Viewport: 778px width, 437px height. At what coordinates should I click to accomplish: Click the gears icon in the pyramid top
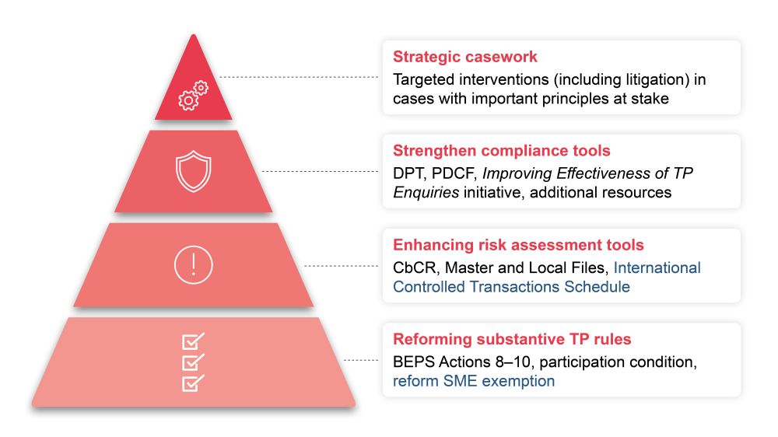pos(193,96)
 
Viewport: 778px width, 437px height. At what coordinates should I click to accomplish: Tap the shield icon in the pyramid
pos(194,172)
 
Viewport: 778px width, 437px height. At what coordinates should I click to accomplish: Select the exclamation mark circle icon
pos(193,265)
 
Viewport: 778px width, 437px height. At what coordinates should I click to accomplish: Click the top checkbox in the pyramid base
pos(193,341)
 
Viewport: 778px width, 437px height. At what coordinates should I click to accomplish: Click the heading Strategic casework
pos(465,57)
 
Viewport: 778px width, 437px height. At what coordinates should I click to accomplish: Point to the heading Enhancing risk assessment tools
pos(518,245)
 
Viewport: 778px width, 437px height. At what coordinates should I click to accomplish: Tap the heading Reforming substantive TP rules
pos(512,339)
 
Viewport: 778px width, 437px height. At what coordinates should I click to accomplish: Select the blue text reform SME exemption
pos(474,381)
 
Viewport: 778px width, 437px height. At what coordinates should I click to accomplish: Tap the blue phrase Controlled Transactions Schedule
pos(511,287)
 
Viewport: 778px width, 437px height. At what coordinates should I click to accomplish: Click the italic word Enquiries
pos(426,192)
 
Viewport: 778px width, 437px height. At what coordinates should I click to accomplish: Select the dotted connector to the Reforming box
pos(361,361)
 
